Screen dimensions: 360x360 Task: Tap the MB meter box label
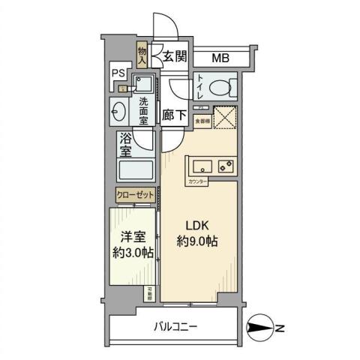[220, 58]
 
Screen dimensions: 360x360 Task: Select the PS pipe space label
[118, 73]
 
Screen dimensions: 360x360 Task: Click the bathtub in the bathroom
[135, 172]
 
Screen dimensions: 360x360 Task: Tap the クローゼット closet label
[135, 195]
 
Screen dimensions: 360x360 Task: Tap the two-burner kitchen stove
[225, 166]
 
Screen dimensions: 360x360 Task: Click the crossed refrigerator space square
[225, 118]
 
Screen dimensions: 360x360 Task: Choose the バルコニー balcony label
[176, 327]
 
